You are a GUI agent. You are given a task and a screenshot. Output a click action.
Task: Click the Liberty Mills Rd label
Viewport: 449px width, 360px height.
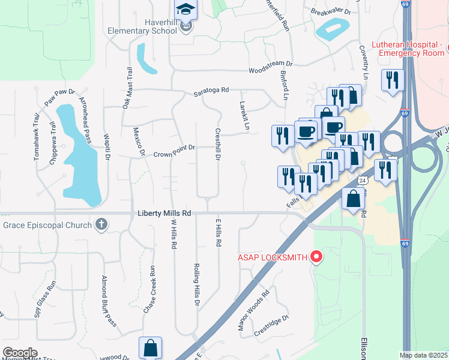tap(164, 213)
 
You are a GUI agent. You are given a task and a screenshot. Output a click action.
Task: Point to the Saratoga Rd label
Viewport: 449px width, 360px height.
tap(211, 91)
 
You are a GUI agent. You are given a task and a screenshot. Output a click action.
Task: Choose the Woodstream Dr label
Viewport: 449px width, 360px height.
tap(270, 63)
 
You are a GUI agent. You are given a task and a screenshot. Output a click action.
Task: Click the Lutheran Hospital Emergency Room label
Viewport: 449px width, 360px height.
tap(408, 49)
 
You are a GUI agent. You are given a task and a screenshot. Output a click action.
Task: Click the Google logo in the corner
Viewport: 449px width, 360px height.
tap(19, 353)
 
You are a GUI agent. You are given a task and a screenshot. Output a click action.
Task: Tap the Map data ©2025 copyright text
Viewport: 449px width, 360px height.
tap(423, 355)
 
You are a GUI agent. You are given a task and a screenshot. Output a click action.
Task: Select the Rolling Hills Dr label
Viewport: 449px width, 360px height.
tap(197, 284)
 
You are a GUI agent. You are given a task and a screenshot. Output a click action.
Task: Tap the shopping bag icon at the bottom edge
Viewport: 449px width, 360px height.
tap(150, 348)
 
